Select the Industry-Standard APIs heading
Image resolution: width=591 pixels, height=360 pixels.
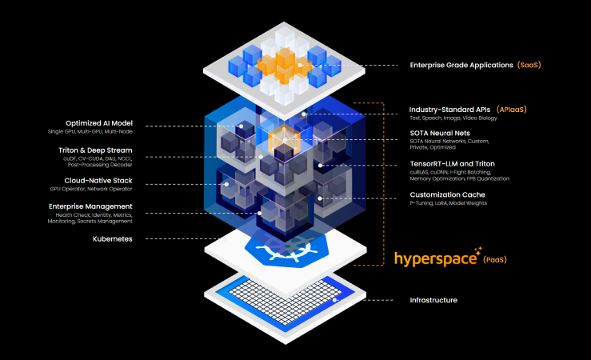(x=449, y=109)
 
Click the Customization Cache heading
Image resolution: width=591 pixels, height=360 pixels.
(x=447, y=194)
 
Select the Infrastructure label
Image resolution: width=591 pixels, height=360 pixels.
(x=433, y=300)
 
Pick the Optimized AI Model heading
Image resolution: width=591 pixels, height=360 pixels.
(x=100, y=123)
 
